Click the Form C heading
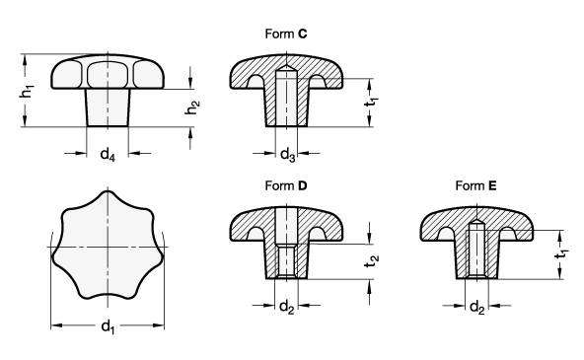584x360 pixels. (x=286, y=34)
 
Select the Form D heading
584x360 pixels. (x=286, y=185)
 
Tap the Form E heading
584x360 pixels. (x=476, y=185)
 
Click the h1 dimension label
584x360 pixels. (x=27, y=91)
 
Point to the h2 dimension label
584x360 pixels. (x=192, y=108)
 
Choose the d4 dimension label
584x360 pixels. (x=108, y=154)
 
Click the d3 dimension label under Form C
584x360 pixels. (x=287, y=154)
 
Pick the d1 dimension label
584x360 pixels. (x=108, y=327)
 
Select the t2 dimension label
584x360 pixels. (x=371, y=261)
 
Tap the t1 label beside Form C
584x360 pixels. (x=371, y=101)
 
